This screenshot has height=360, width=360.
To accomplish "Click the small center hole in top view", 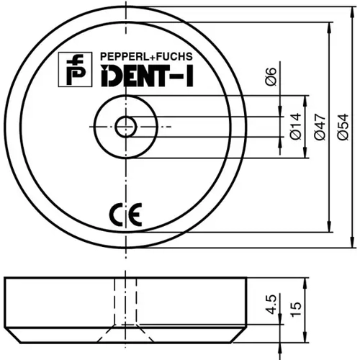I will click(127, 127).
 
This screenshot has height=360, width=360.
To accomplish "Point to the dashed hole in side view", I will click(127, 302).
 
